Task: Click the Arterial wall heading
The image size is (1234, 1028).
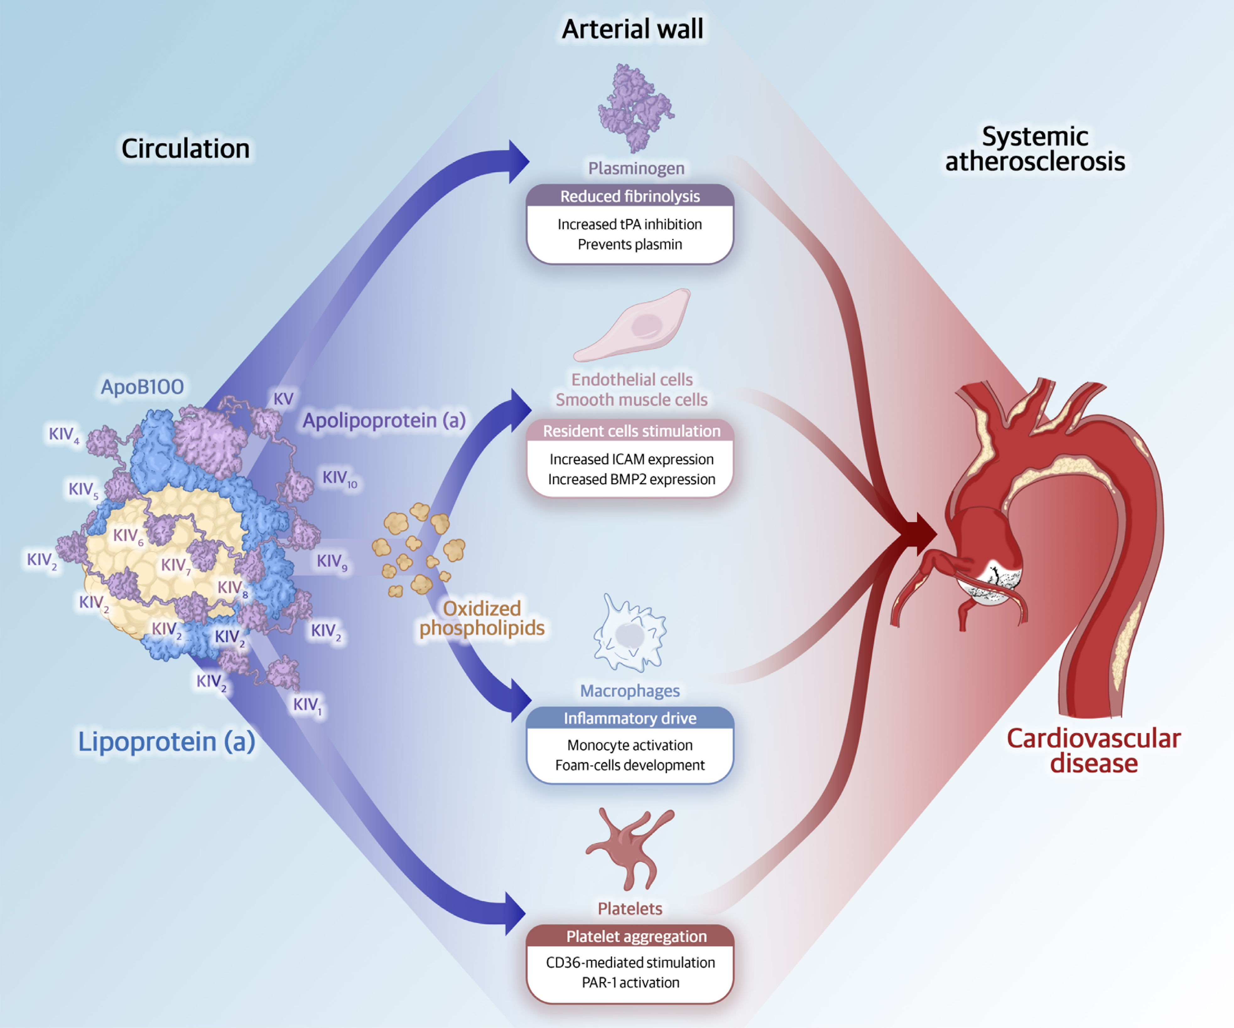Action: click(632, 29)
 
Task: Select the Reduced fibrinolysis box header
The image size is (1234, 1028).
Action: click(630, 196)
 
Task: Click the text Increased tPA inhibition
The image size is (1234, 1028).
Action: click(630, 224)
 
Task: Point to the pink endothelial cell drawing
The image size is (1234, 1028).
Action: click(635, 326)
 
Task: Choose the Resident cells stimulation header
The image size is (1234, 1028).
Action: click(631, 431)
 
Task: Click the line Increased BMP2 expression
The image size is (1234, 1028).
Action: click(631, 479)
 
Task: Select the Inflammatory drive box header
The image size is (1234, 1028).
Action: click(630, 718)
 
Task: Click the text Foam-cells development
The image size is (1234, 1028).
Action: click(630, 765)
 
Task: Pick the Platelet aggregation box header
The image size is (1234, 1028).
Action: click(636, 936)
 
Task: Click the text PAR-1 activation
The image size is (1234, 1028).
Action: click(630, 982)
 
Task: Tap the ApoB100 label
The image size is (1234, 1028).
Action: click(142, 386)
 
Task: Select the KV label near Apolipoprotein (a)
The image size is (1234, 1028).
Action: click(283, 399)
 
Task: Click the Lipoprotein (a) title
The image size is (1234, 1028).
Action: click(166, 741)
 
